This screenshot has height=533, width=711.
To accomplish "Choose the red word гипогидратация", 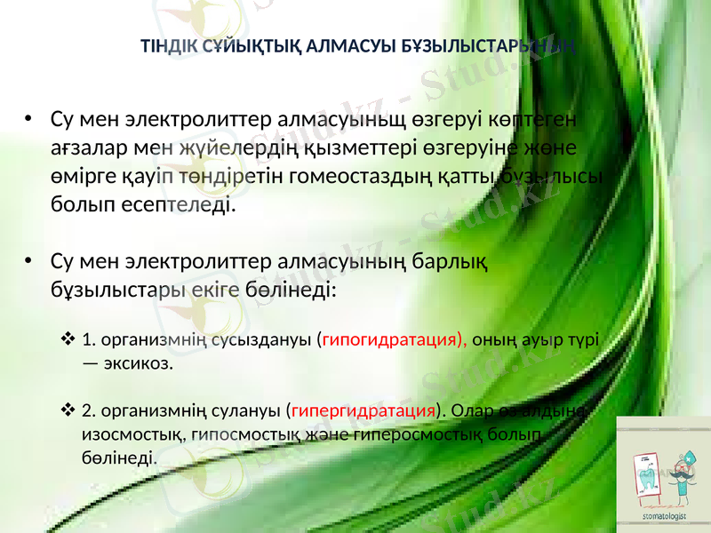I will (394, 340).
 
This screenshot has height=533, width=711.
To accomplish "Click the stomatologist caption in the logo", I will (664, 514).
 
